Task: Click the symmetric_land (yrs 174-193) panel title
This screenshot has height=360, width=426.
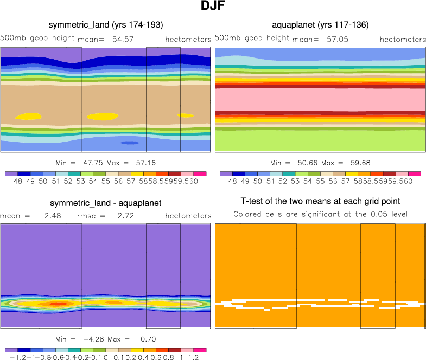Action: coord(106,25)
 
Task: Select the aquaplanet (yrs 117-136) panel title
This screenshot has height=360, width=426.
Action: coord(320,25)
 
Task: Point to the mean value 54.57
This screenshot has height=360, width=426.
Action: coord(123,40)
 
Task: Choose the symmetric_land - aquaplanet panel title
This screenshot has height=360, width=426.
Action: coord(106,203)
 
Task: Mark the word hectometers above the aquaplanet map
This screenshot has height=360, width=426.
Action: coord(403,40)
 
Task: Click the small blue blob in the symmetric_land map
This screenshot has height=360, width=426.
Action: coord(129,143)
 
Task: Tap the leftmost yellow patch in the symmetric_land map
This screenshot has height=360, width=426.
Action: coord(29,116)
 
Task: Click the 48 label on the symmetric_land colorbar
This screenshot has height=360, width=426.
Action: coord(18,182)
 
